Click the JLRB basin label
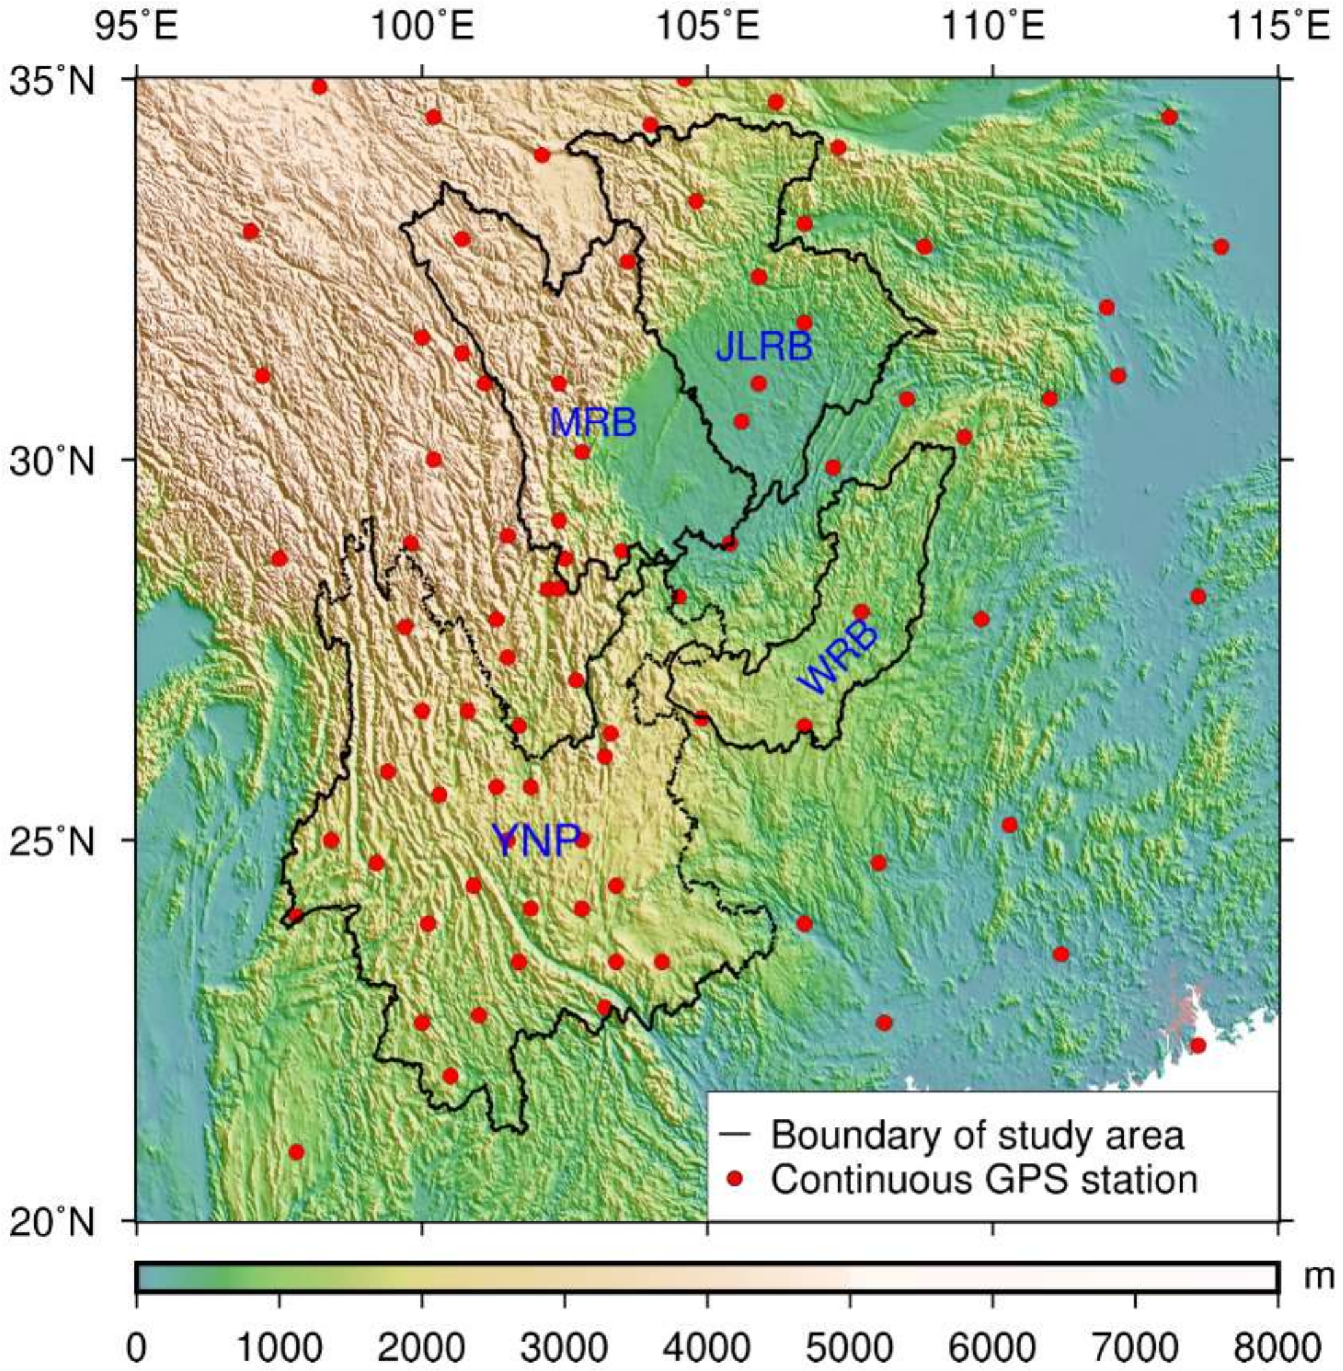coord(764,347)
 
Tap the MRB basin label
coord(593,422)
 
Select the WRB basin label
coord(838,658)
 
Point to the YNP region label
coord(536,840)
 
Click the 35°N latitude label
coord(51,82)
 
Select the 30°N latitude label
coord(51,462)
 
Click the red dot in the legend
coord(735,1178)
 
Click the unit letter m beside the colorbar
coord(1317,1277)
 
